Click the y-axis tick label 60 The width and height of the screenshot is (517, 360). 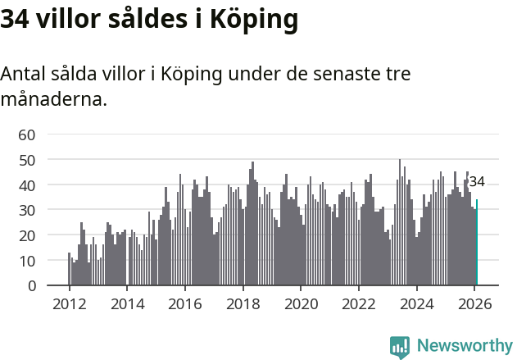(26, 134)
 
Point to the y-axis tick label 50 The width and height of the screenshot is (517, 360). (26, 160)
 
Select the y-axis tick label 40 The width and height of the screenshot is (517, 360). (26, 185)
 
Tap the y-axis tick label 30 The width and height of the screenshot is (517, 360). (26, 210)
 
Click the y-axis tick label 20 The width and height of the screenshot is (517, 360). (26, 235)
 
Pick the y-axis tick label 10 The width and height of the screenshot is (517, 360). (26, 261)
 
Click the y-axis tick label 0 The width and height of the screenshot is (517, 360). (31, 286)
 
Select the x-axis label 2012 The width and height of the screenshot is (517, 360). (69, 303)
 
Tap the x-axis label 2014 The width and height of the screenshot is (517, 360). (127, 303)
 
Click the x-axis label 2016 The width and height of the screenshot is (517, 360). (185, 303)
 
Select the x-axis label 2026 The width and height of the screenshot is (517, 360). (474, 303)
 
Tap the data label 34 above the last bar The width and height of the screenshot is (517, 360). (477, 182)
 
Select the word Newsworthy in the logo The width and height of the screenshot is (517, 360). (464, 345)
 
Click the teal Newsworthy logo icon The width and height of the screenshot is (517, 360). (400, 347)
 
